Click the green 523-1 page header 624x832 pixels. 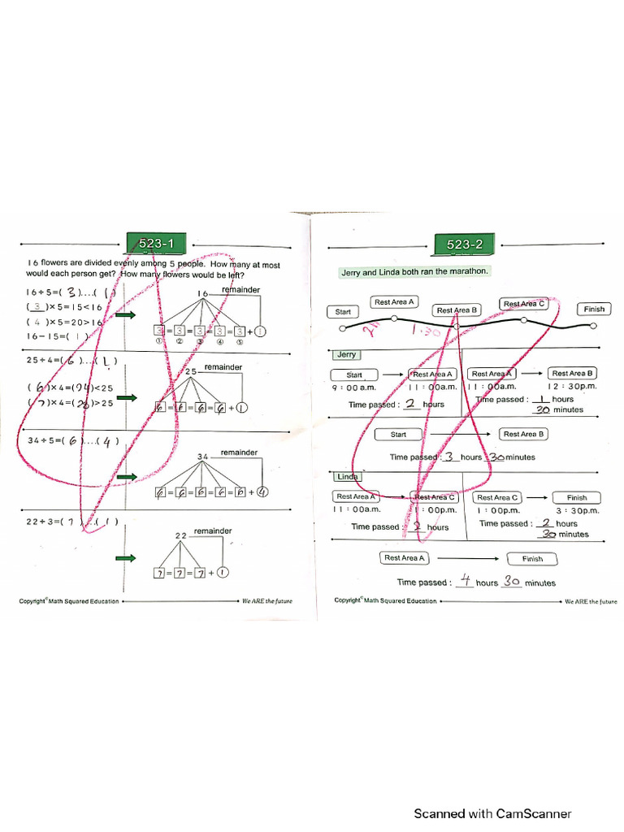157,243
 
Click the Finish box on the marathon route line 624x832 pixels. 594,310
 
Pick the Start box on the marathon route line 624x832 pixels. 342,312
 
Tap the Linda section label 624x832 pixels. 348,477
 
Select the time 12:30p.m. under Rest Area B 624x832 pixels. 572,388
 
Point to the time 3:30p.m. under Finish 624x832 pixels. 577,511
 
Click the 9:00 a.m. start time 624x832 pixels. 353,388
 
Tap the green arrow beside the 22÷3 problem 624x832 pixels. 126,559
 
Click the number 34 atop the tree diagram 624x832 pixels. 204,457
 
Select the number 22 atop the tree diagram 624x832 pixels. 181,535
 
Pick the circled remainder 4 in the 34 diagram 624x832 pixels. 263,492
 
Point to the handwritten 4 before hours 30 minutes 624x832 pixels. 465,581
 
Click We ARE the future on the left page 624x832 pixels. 266,602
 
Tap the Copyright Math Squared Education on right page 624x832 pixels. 385,601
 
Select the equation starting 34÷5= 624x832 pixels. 73,441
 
